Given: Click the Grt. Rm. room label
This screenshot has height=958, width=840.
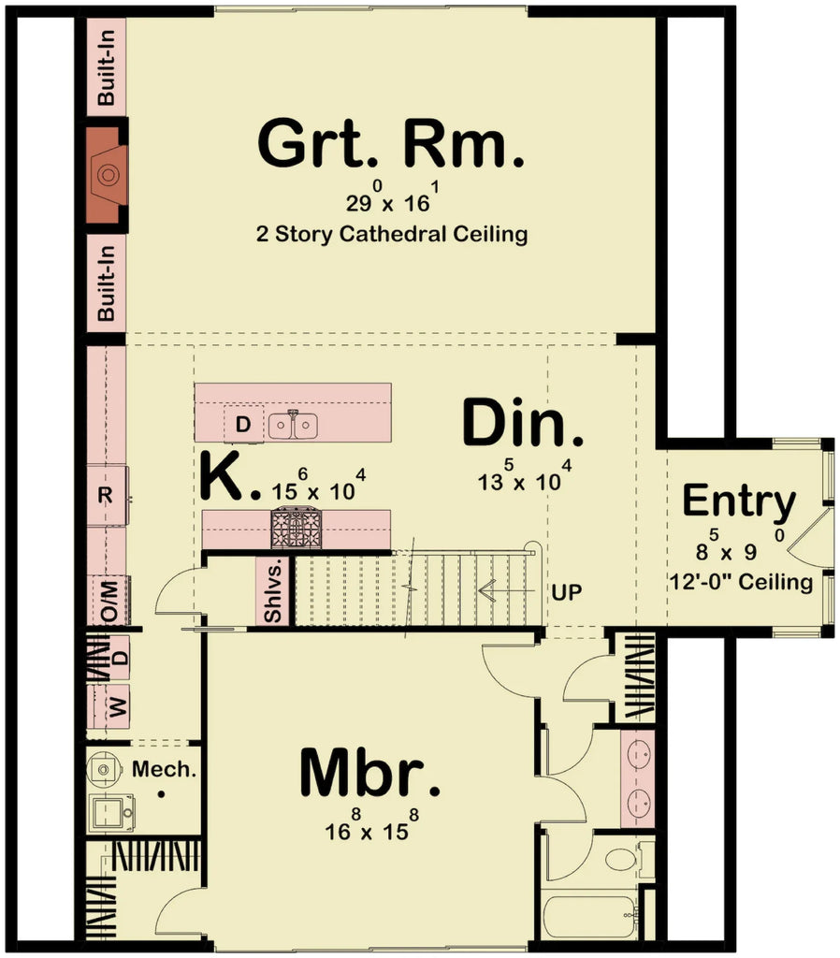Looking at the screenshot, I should tap(390, 145).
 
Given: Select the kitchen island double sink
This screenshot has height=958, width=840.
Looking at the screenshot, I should tap(293, 427).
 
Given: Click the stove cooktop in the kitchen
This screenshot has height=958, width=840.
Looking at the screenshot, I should tap(296, 528).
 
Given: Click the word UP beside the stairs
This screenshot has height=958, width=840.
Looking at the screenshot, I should tap(567, 592).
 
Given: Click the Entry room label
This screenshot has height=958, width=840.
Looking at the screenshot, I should tap(738, 501).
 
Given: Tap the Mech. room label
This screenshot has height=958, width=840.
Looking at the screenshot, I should tap(164, 770).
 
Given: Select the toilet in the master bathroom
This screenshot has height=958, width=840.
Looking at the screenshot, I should tap(620, 857).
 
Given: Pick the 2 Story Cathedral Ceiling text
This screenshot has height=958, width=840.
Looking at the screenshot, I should tap(391, 234).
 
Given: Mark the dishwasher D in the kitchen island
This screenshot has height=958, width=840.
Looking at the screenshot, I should tap(242, 426).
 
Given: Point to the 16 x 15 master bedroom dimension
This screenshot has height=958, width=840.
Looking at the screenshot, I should tap(371, 828).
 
